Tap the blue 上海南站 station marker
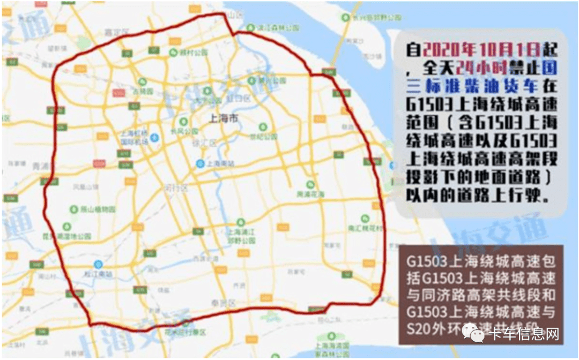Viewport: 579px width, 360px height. (200, 163)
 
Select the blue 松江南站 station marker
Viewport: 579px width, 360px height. (98, 264)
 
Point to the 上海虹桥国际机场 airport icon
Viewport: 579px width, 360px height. (154, 138)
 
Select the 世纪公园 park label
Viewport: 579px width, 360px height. (266, 137)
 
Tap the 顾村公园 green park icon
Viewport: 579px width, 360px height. (173, 52)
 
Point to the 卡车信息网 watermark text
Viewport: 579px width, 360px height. (525, 335)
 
